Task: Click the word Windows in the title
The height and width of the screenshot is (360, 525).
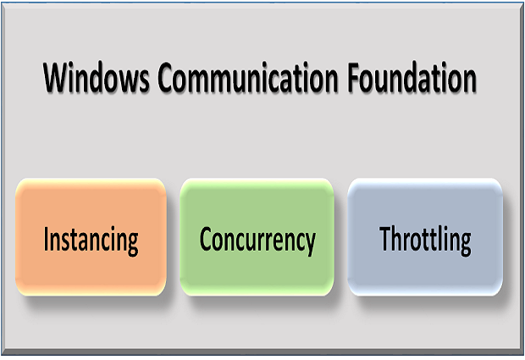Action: coord(97,77)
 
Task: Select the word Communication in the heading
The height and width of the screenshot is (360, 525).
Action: coord(248,77)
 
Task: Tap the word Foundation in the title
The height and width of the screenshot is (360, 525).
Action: coord(412,77)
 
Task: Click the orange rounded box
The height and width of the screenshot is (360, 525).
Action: coord(91,237)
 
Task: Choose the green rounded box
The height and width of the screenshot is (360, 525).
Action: coord(257,237)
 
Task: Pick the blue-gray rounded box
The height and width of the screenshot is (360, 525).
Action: coord(425,237)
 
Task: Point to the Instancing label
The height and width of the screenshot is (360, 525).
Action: coord(91,241)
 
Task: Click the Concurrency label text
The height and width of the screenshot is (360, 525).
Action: coord(257,241)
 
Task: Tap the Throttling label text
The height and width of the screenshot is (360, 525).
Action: coord(425,240)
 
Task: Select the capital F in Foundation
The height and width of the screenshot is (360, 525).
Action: coord(354,78)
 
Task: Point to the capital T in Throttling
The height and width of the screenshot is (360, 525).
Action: coord(386,239)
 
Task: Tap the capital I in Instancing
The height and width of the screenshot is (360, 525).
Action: coord(47,239)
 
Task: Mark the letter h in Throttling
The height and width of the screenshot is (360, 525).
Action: coord(401,238)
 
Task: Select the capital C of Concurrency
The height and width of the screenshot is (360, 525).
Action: coord(207,239)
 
